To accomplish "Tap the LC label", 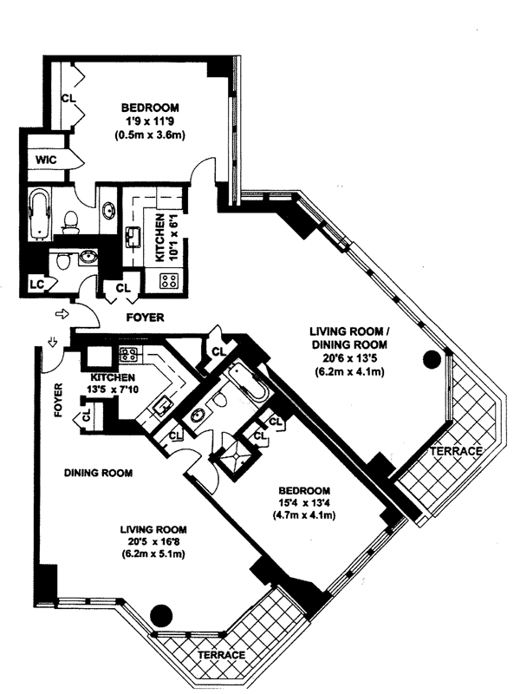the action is tap(36, 284).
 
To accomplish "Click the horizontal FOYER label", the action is tap(145, 318).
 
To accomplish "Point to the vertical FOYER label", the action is tap(59, 401).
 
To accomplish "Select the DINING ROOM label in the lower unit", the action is tap(99, 473).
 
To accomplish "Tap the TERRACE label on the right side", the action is tap(456, 452).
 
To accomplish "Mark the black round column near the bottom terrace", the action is tap(159, 614).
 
